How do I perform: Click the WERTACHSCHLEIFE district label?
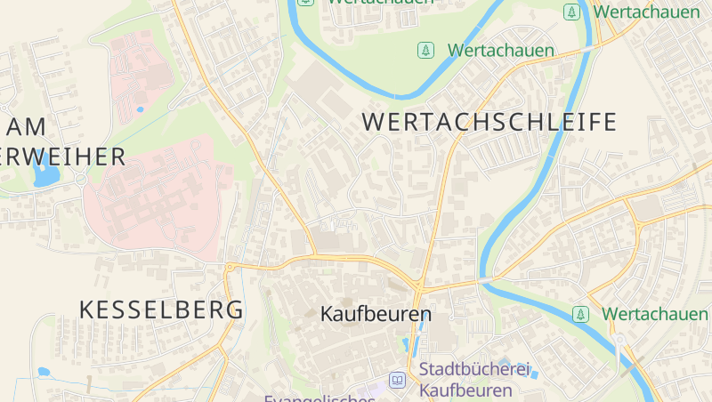pos(489,122)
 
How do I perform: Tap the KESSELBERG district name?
pos(161,310)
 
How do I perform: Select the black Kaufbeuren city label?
pos(376,314)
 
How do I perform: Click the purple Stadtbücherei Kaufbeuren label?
pos(473,379)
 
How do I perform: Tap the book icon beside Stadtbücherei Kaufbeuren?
pos(397,381)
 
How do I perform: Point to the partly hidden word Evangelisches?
pos(319,398)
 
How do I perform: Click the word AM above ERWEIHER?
pos(24,126)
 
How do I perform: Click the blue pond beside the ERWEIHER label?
pos(42,172)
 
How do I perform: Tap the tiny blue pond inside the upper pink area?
pos(140,109)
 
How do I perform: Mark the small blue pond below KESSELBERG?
pos(43,372)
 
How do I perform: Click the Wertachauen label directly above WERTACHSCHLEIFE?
pos(501,51)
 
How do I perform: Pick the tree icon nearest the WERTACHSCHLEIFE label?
pos(426,51)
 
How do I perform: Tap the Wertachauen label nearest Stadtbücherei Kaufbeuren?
pos(655,314)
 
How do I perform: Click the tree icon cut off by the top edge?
pos(306,3)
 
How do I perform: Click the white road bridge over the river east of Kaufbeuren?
pos(485,281)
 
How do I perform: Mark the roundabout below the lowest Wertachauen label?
pos(619,339)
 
